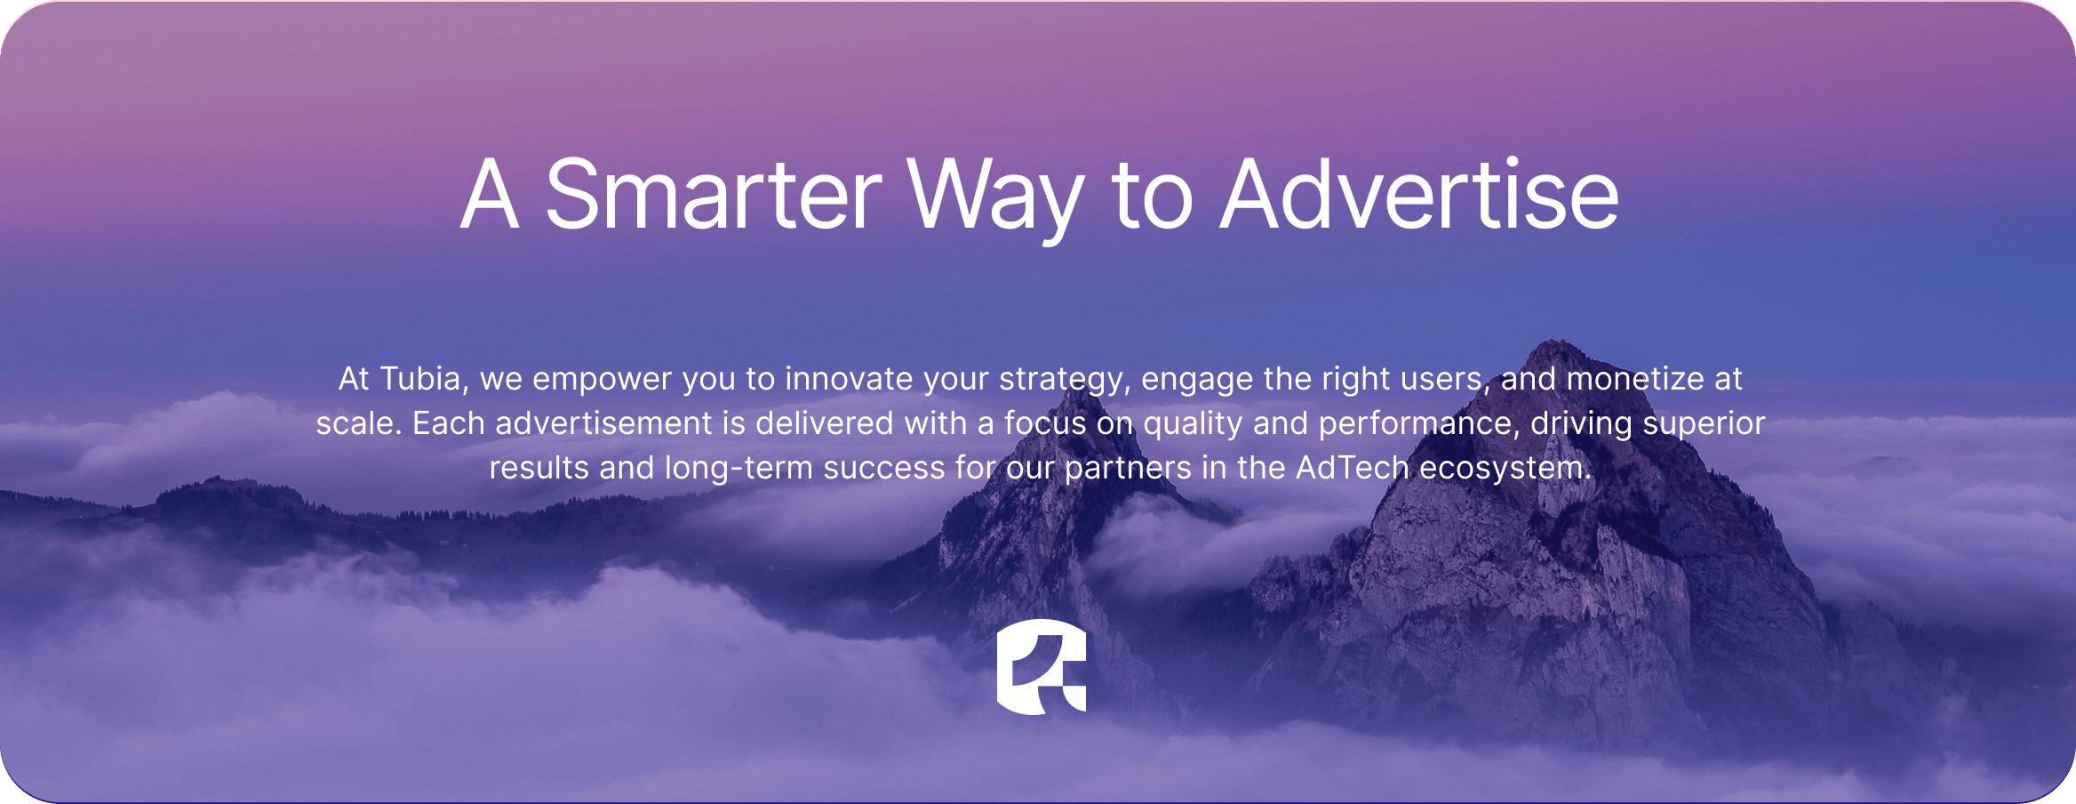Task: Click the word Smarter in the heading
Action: [x=713, y=194]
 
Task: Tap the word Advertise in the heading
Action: [x=1419, y=194]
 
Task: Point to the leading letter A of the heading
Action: [x=490, y=193]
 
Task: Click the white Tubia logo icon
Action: [x=1042, y=666]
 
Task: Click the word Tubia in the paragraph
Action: [x=420, y=379]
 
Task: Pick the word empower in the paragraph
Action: [x=602, y=381]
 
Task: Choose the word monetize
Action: [x=1635, y=379]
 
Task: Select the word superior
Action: [x=1704, y=425]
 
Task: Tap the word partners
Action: [x=1128, y=470]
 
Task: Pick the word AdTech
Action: [x=1353, y=468]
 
